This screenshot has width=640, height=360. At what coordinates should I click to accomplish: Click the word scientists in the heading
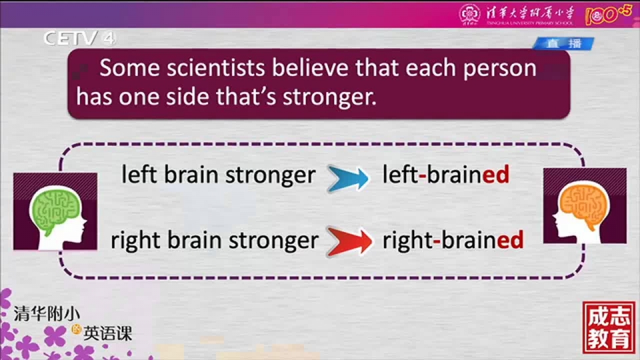click(216, 68)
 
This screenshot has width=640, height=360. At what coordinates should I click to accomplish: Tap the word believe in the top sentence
click(310, 68)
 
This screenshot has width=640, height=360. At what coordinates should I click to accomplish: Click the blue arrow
click(348, 179)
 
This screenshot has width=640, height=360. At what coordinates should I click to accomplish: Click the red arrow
click(349, 241)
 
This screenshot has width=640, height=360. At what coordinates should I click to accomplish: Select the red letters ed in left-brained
click(496, 175)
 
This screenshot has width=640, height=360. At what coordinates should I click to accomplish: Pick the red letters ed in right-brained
click(510, 239)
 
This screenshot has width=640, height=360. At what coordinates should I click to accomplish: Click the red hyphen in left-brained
click(423, 176)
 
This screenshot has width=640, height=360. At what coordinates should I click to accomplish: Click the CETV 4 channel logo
click(79, 39)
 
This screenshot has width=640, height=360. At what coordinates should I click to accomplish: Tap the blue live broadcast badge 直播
click(563, 43)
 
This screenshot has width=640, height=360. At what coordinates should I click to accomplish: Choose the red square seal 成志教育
click(609, 327)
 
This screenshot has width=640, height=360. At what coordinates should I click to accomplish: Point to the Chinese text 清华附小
click(47, 314)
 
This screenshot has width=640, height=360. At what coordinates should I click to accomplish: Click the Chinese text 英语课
click(108, 333)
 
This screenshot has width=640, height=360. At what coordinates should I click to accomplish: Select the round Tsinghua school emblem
click(470, 14)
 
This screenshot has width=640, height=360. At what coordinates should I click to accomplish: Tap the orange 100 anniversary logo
click(608, 15)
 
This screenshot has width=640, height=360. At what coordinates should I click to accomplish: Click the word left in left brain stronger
click(139, 174)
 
